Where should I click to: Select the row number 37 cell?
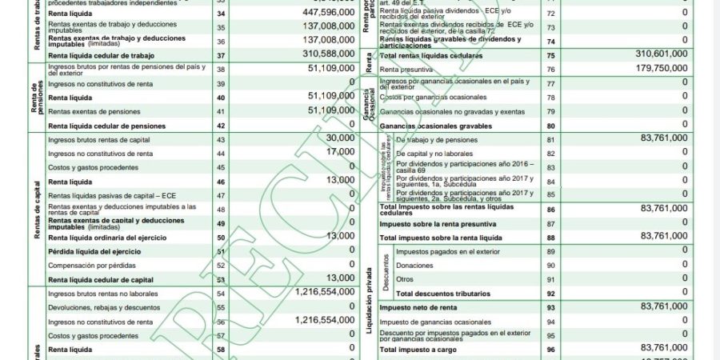pyautogui.click(x=221, y=55)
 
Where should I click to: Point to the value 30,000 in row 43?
pyautogui.click(x=340, y=138)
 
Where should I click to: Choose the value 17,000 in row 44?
pyautogui.click(x=340, y=152)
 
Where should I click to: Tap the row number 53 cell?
pyautogui.click(x=221, y=280)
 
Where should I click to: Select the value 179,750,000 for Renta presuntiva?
pyautogui.click(x=649, y=69)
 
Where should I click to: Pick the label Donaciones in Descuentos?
pyautogui.click(x=415, y=266)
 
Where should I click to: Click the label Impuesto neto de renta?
pyautogui.click(x=422, y=307)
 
